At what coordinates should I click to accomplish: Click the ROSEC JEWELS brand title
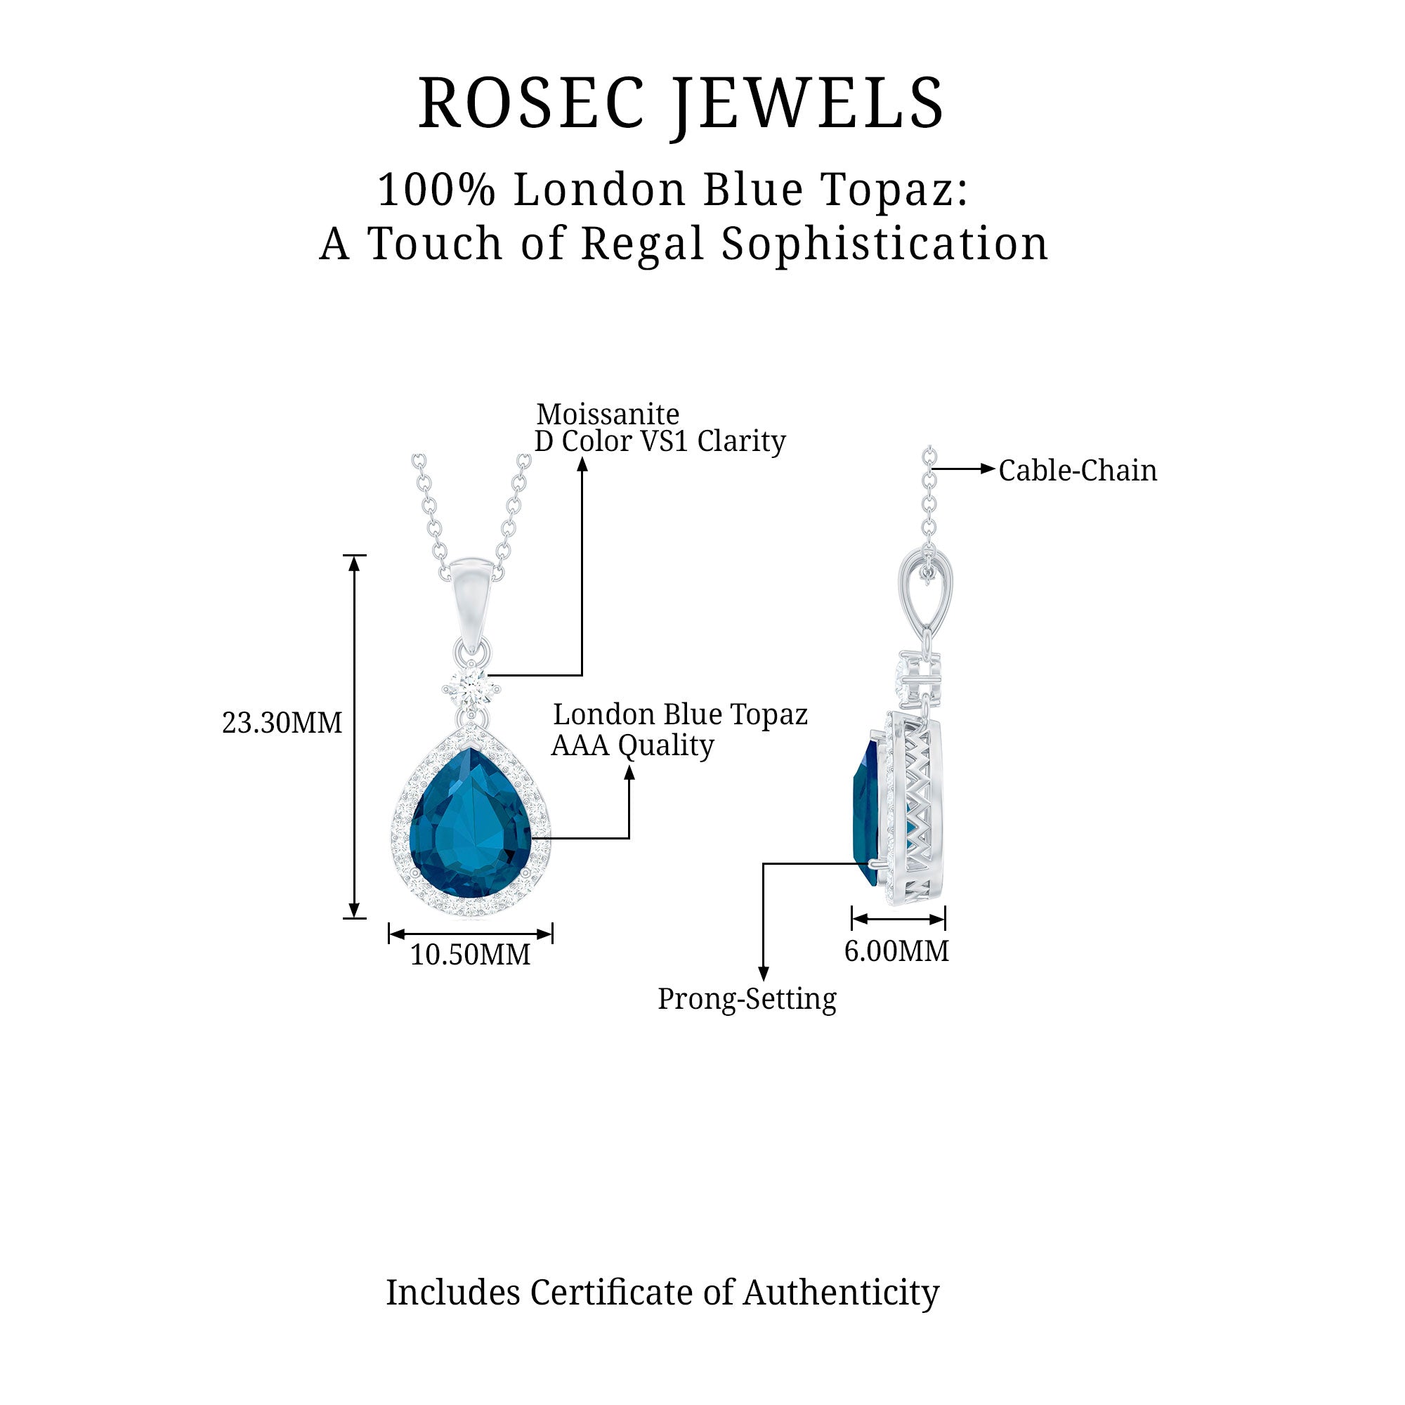click(681, 103)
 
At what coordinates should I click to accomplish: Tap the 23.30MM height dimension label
click(282, 723)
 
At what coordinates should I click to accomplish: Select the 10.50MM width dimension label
click(471, 954)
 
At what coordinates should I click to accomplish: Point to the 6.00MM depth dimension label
click(896, 950)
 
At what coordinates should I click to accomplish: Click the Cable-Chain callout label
click(1077, 471)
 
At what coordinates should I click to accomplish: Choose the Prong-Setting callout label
click(747, 998)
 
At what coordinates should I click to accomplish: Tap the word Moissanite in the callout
click(608, 414)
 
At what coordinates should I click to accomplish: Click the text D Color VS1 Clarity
click(660, 440)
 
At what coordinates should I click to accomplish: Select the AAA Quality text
click(633, 745)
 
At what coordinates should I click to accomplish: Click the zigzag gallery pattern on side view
click(918, 807)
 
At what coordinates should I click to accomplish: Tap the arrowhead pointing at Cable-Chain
click(988, 469)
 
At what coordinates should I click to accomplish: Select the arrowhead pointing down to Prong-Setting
click(764, 974)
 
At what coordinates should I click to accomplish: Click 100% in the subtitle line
click(436, 190)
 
